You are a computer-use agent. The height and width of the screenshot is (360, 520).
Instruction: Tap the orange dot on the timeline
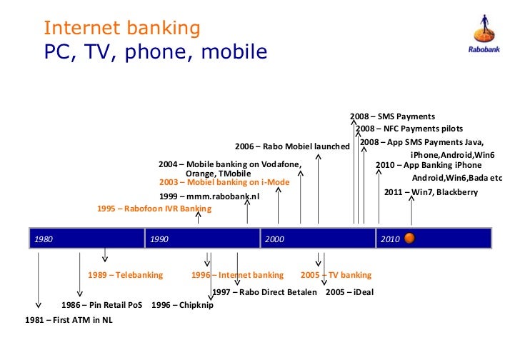tap(410, 238)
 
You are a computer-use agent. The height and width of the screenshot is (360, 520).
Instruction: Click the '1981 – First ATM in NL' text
tap(69, 320)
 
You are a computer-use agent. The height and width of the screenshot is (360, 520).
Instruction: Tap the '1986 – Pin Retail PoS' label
tap(101, 305)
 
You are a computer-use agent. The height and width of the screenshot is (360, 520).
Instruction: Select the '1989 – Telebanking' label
tap(125, 275)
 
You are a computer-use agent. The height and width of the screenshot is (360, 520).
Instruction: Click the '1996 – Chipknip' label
tap(182, 305)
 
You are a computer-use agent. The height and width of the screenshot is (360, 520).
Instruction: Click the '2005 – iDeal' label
tap(349, 292)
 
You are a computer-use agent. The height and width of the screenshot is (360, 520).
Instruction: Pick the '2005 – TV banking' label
tap(336, 275)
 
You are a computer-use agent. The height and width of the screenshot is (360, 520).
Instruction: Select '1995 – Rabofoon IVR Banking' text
tap(154, 209)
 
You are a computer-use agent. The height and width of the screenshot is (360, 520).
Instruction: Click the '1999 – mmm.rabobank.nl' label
tap(209, 195)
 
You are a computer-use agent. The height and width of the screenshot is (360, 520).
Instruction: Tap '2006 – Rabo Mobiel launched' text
tap(292, 146)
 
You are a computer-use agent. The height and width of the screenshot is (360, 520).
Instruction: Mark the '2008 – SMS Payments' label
tap(392, 116)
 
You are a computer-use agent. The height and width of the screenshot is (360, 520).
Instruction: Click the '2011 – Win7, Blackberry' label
tap(431, 192)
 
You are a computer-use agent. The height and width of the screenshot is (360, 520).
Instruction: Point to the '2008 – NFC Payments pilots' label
tap(409, 129)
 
